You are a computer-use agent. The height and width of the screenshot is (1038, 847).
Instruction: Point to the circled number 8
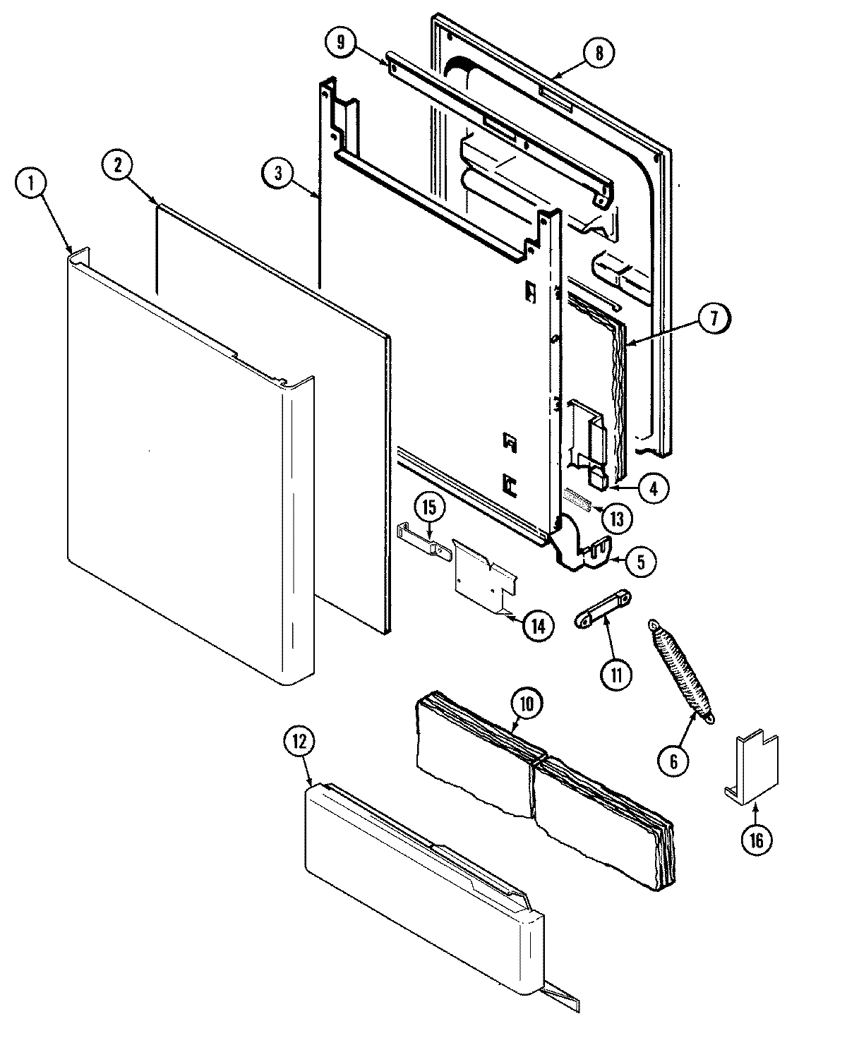tap(599, 54)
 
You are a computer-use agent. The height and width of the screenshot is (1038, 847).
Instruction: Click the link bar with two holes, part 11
tap(602, 609)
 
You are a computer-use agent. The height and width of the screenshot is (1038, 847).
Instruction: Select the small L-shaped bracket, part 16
tap(752, 768)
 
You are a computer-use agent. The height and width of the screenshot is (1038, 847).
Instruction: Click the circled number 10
tap(529, 702)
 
